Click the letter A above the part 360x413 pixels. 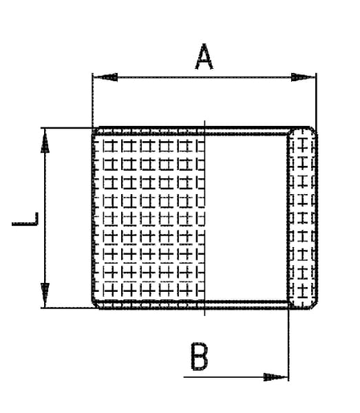pyautogui.click(x=204, y=57)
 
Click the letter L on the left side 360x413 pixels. pyautogui.click(x=25, y=219)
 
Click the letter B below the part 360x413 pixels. pyautogui.click(x=200, y=357)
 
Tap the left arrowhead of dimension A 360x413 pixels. pyautogui.click(x=105, y=77)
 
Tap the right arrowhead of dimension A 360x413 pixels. pyautogui.click(x=303, y=77)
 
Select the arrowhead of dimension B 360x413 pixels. pyautogui.click(x=275, y=377)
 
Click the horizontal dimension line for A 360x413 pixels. pyautogui.click(x=204, y=77)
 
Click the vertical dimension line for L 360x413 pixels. pyautogui.click(x=45, y=218)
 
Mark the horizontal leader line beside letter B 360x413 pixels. pyautogui.click(x=235, y=377)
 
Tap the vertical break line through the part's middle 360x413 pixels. pyautogui.click(x=204, y=218)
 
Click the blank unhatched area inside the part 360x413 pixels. pyautogui.click(x=246, y=218)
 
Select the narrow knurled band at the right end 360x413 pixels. pyautogui.click(x=303, y=218)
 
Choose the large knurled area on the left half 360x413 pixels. pyautogui.click(x=149, y=218)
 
